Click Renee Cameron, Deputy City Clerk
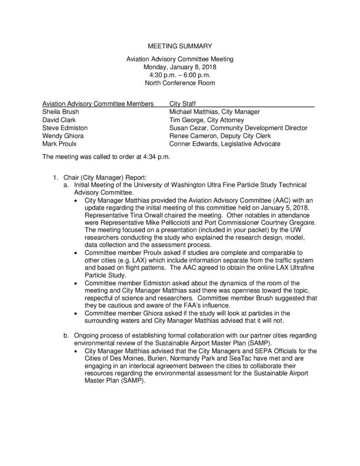click(220, 136)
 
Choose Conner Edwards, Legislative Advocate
click(224, 144)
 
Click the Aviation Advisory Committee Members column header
click(97, 104)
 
